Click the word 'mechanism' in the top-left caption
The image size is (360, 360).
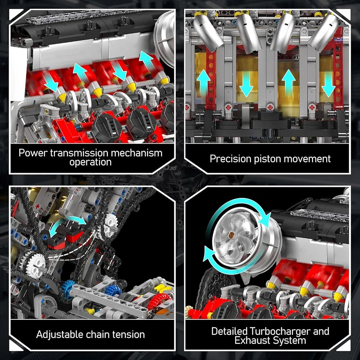click(136, 153)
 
